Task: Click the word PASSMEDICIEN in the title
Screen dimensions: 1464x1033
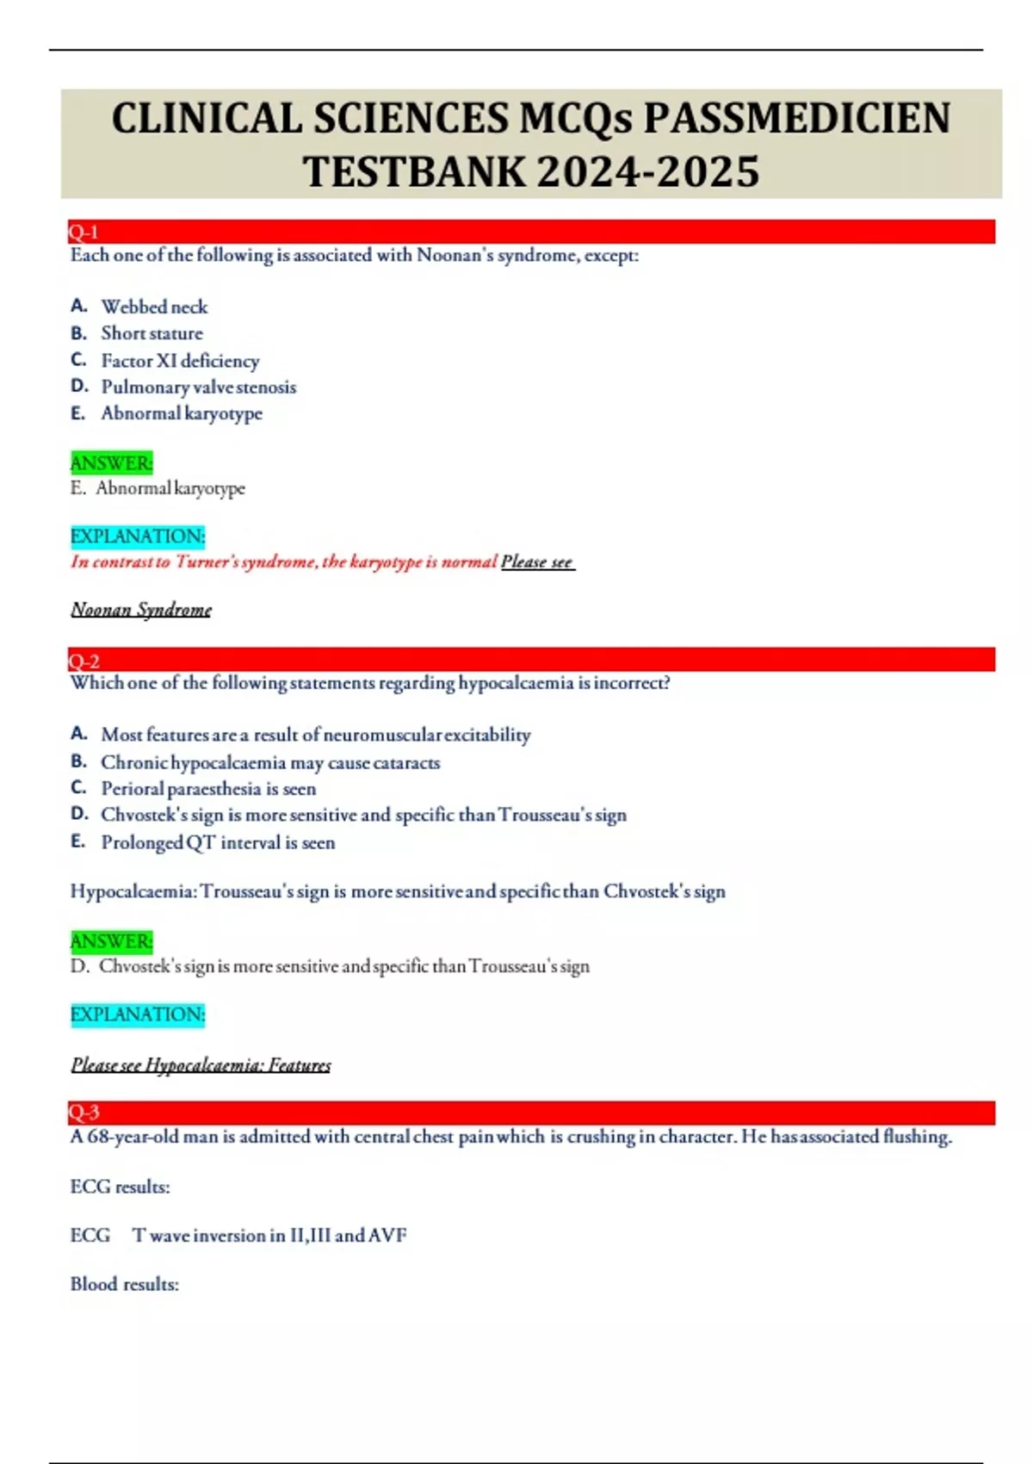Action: pyautogui.click(x=797, y=118)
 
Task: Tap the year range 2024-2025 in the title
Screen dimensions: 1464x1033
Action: pyautogui.click(x=648, y=171)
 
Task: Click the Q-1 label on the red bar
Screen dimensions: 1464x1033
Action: pyautogui.click(x=84, y=232)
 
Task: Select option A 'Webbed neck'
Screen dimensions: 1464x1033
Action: pyautogui.click(x=154, y=307)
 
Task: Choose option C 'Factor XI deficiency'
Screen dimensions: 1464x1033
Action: pyautogui.click(x=180, y=360)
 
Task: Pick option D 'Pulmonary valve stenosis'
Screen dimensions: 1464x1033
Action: pyautogui.click(x=198, y=387)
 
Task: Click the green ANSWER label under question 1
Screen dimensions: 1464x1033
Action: pyautogui.click(x=111, y=462)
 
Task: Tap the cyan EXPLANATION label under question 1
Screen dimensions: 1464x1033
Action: pyautogui.click(x=138, y=536)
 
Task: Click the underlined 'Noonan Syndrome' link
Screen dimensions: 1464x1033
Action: pyautogui.click(x=141, y=610)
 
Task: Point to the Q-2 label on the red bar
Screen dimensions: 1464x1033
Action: pyautogui.click(x=84, y=661)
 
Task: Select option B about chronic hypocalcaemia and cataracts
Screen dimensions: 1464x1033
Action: pyautogui.click(x=270, y=762)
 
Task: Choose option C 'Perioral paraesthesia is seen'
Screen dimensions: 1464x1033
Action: pyautogui.click(x=208, y=788)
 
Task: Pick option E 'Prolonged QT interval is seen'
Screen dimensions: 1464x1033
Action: pyautogui.click(x=218, y=842)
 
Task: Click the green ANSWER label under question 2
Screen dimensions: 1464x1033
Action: pyautogui.click(x=111, y=940)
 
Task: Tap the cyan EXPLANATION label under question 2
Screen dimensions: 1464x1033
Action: pyautogui.click(x=138, y=1014)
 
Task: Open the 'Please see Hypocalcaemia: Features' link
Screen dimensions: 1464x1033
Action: pyautogui.click(x=201, y=1065)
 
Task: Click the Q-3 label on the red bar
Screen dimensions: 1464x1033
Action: pyautogui.click(x=84, y=1112)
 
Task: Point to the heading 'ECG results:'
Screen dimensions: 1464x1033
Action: pyautogui.click(x=120, y=1187)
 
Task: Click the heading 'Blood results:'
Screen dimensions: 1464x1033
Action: pyautogui.click(x=125, y=1284)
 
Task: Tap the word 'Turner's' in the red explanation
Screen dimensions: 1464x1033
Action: pyautogui.click(x=207, y=561)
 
